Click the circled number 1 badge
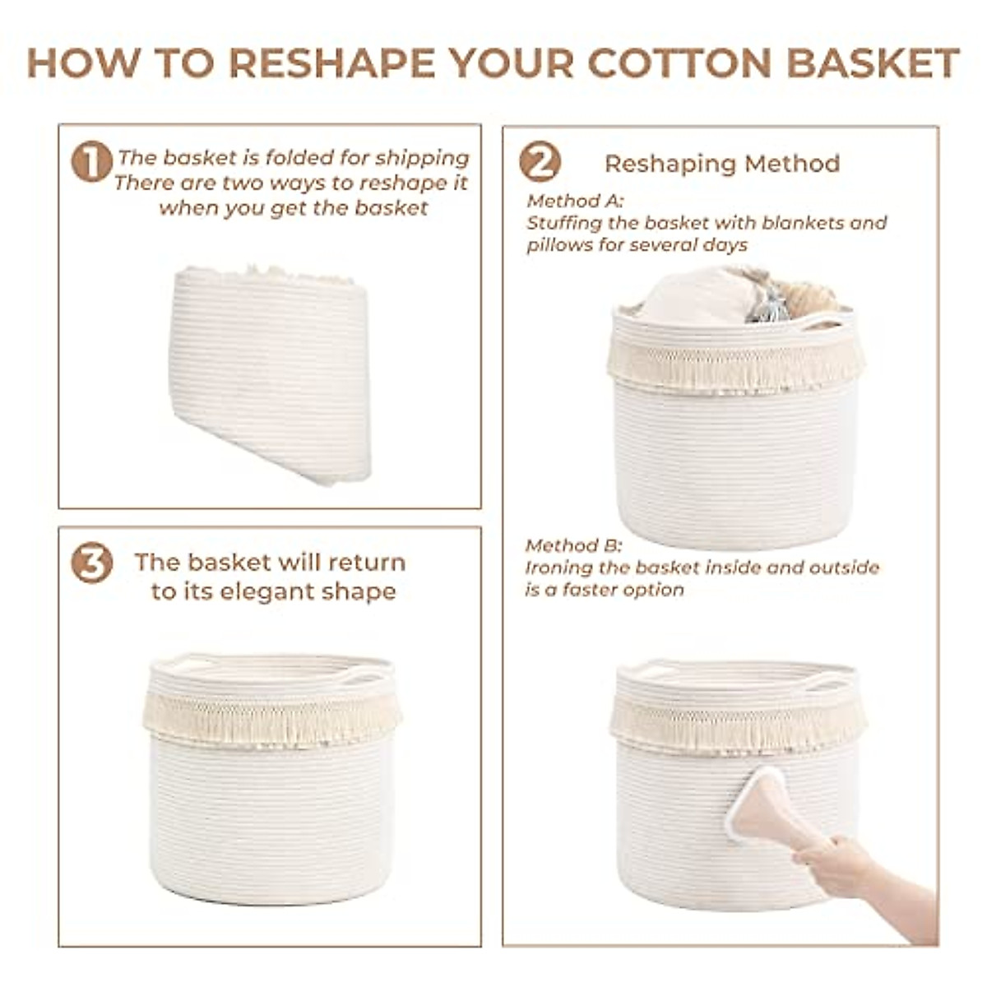coord(91,161)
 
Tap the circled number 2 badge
coord(540,162)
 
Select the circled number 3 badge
coord(91,564)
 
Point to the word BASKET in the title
coord(873,63)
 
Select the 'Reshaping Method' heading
coord(722,164)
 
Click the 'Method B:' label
coord(574,545)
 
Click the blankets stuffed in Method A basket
coord(707,296)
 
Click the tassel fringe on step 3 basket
coord(271,720)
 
